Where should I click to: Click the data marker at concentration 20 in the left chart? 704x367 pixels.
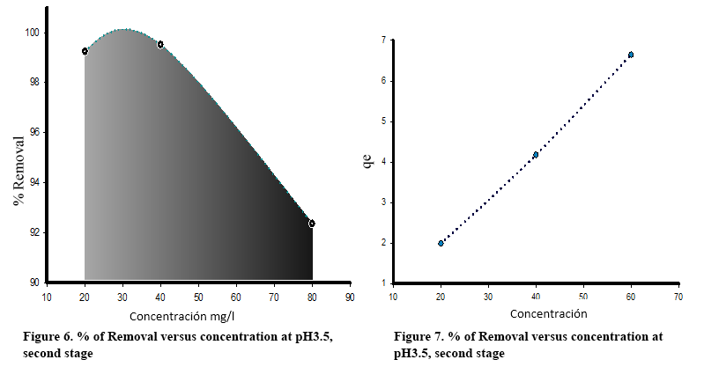tap(85, 51)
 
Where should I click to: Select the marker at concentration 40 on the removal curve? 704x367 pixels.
tap(160, 44)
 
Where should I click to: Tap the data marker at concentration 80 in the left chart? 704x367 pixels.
tap(312, 224)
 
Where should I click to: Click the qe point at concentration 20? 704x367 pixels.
tap(441, 243)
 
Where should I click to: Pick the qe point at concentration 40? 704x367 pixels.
tap(536, 155)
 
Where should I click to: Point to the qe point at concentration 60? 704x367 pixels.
tap(631, 55)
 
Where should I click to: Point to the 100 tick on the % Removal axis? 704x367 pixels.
tap(33, 33)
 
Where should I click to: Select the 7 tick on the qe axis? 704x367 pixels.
tap(384, 40)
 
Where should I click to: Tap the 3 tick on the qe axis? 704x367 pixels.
tap(384, 202)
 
